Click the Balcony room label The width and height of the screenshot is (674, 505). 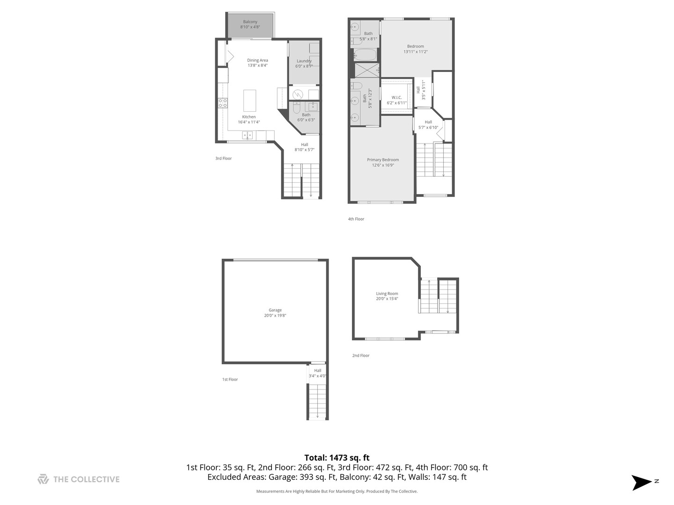(250, 24)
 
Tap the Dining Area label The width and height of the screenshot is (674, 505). (257, 63)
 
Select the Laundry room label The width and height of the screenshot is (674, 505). (304, 64)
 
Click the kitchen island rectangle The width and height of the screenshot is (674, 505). (249, 100)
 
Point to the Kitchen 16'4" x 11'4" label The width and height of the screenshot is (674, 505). (249, 119)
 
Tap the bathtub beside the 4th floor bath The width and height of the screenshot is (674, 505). (365, 55)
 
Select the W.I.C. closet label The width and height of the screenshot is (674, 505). (396, 100)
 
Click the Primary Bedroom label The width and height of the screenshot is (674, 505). (383, 162)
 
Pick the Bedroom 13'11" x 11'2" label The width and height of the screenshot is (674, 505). (415, 49)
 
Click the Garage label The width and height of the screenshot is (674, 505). (275, 313)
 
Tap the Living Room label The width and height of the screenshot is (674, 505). (387, 296)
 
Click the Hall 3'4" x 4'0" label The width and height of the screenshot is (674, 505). (317, 373)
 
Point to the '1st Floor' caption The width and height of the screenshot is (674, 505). (230, 379)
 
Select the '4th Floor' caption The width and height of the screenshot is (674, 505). (356, 219)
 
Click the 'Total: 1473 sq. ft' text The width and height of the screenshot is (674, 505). (337, 458)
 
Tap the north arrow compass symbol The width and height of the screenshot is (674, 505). (641, 482)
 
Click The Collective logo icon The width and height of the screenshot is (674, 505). (43, 479)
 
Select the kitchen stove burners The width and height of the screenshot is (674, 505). (222, 103)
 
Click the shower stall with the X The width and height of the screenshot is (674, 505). (366, 70)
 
